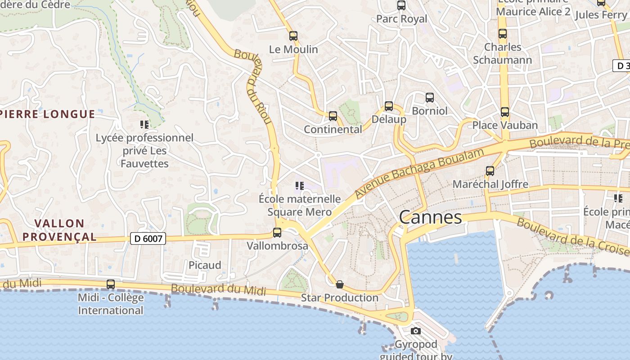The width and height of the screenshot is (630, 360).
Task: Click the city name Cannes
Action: pyautogui.click(x=430, y=217)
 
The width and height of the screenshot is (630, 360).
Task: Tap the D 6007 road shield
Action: pyautogui.click(x=148, y=238)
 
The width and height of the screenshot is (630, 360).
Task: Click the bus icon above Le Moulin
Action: pyautogui.click(x=293, y=36)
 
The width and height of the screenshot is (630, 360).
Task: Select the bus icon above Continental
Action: pyautogui.click(x=333, y=116)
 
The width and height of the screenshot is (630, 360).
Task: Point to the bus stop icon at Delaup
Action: pyautogui.click(x=389, y=107)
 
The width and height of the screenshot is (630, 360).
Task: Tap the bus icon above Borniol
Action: pyautogui.click(x=430, y=98)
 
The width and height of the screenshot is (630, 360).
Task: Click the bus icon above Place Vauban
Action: pyautogui.click(x=505, y=112)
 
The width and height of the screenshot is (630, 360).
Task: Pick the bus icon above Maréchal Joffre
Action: pyautogui.click(x=490, y=171)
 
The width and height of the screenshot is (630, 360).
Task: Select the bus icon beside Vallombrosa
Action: pyautogui.click(x=277, y=233)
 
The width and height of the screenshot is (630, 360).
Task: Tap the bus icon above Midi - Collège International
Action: pyautogui.click(x=111, y=284)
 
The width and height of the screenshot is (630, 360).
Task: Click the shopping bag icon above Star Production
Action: pyautogui.click(x=340, y=284)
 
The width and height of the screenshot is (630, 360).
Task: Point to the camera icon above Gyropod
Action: pyautogui.click(x=416, y=331)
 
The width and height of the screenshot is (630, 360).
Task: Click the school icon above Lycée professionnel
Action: pyautogui.click(x=144, y=124)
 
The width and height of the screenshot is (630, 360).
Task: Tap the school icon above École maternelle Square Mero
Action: pyautogui.click(x=300, y=185)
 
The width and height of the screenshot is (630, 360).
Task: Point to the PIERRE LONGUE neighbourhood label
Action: pyautogui.click(x=47, y=114)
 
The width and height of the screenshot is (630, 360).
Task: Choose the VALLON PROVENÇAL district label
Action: pyautogui.click(x=59, y=230)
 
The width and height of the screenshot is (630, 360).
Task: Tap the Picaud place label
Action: pyautogui.click(x=205, y=265)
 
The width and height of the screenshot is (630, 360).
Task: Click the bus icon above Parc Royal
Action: pyautogui.click(x=401, y=5)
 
